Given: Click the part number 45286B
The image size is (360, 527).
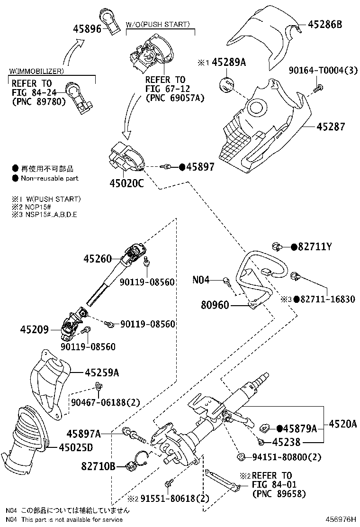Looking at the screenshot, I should tap(325, 24).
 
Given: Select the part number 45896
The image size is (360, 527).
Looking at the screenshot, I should tap(87, 29).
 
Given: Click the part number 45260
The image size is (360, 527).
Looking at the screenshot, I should tap(98, 259).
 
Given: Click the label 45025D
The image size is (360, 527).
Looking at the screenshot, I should tap(76, 446).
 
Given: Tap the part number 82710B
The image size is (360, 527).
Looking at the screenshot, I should tap(99, 466).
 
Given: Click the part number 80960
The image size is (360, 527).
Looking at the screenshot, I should tap(216, 306).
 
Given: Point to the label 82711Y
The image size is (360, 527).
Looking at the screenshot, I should tap(315, 246).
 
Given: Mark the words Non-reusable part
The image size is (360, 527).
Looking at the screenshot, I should tap(50, 179).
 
